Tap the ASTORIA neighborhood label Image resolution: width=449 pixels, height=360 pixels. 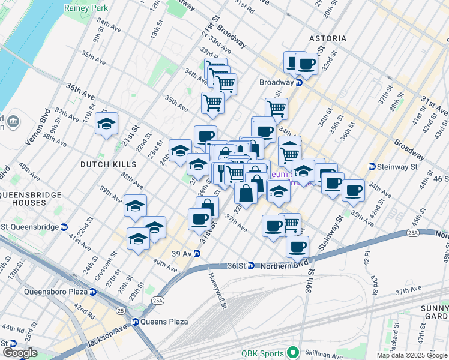click(x=328, y=38)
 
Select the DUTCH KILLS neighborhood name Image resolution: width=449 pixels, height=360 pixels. click(x=109, y=164)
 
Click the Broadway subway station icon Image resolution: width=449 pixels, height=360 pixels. click(x=298, y=82)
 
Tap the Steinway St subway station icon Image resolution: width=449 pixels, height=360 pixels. click(x=372, y=166)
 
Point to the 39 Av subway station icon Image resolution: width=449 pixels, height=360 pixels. click(x=196, y=253)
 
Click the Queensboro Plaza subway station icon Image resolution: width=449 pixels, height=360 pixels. click(x=93, y=292)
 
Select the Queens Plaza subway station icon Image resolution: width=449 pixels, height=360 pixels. click(x=136, y=322)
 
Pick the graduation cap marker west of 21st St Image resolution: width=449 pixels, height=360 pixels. click(x=107, y=124)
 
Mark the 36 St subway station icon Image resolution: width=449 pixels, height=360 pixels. click(x=252, y=265)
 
